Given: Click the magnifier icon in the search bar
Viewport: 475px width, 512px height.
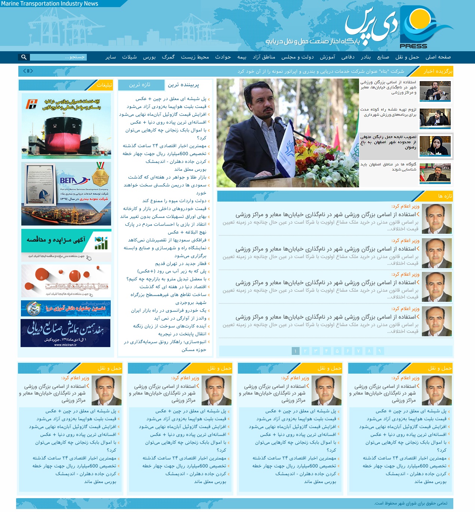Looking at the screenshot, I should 24,57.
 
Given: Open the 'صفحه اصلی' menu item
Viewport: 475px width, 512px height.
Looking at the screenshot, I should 438,57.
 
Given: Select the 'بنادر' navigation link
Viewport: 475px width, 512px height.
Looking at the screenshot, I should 366,57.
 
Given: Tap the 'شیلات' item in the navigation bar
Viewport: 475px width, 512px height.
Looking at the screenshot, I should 129,57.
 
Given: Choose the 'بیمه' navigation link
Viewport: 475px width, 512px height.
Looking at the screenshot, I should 242,57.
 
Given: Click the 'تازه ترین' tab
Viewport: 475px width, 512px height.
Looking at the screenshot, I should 140,85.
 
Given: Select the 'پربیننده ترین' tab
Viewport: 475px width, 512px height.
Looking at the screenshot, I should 183,85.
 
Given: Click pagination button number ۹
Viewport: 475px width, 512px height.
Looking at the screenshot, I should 380,351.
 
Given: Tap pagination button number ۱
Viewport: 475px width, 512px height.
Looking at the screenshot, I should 295,351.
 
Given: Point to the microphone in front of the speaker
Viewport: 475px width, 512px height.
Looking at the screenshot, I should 279,121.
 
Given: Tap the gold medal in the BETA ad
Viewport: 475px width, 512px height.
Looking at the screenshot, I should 100,175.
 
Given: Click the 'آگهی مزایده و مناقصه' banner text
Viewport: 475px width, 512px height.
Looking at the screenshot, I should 56,240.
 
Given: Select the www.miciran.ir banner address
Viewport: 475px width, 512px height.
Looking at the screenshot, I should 65,344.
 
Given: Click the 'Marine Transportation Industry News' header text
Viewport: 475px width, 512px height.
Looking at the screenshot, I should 49,4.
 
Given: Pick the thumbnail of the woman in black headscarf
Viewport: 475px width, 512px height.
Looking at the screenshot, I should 435,146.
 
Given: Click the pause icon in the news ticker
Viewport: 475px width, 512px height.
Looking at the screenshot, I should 28,71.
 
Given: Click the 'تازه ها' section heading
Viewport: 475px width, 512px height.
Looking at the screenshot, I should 445,196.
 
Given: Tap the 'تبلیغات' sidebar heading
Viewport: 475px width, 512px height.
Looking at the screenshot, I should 104,85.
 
